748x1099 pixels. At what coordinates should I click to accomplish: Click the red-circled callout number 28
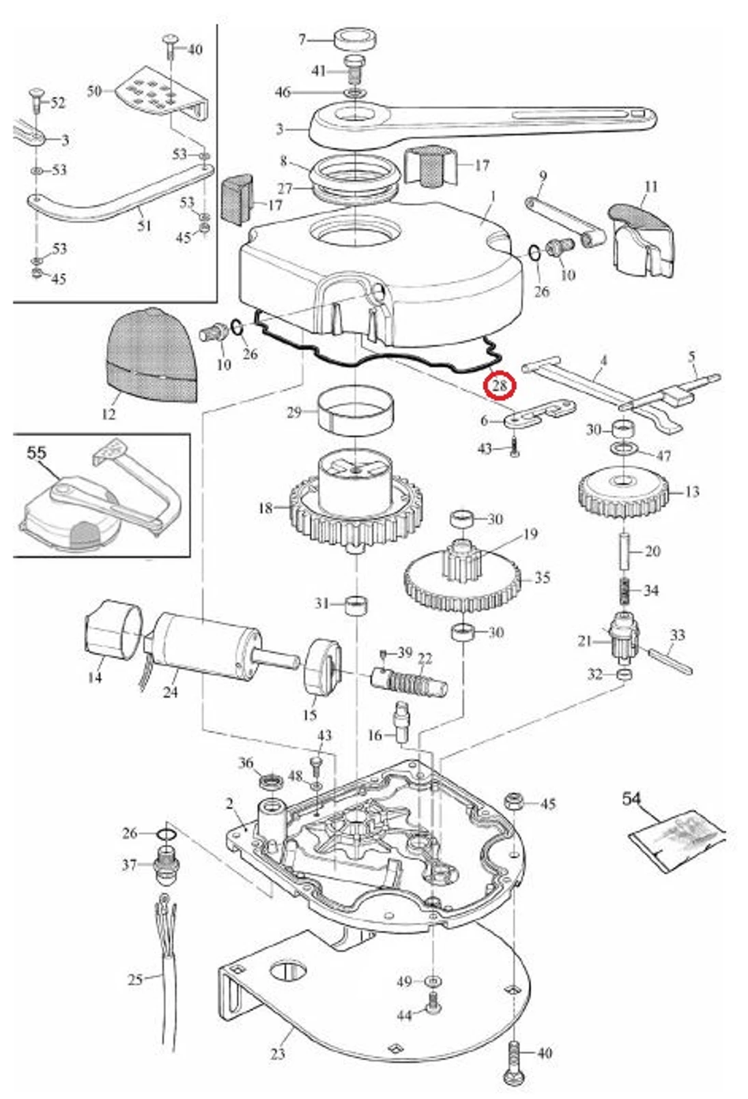tap(500, 386)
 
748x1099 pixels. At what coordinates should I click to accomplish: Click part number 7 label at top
tap(302, 40)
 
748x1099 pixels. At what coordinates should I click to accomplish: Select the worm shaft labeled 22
tap(410, 681)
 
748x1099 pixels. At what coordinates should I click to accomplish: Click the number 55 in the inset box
tap(37, 453)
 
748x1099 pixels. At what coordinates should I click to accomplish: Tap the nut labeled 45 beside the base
tap(513, 800)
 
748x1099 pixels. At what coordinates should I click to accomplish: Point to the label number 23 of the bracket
tap(277, 1054)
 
